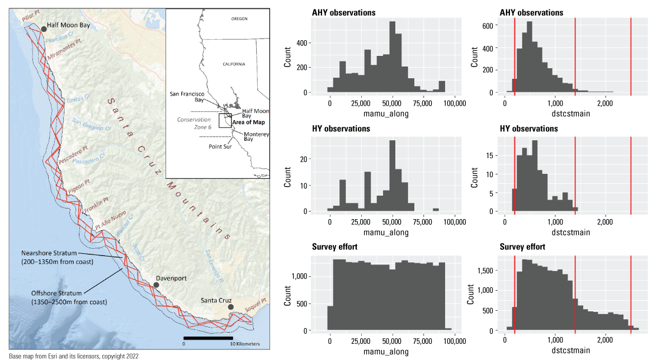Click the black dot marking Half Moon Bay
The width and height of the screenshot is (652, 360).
[x=44, y=29]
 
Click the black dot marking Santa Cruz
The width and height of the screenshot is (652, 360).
[x=230, y=307]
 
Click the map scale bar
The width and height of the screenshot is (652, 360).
[x=208, y=338]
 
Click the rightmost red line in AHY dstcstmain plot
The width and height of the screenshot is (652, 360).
[x=631, y=55]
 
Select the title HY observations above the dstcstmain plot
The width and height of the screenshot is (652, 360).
[x=528, y=129]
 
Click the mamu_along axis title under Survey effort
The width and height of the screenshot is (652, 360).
[x=386, y=352]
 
